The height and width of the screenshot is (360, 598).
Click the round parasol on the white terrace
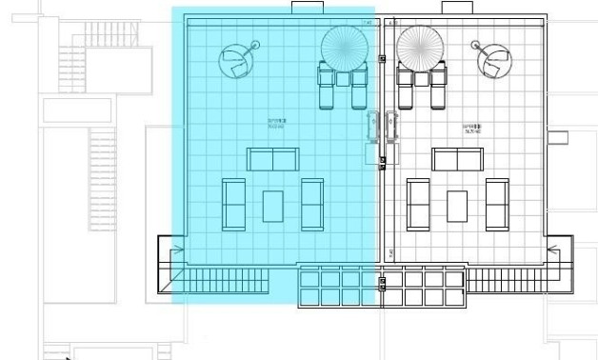[420, 45]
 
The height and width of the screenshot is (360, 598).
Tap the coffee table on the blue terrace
[273, 204]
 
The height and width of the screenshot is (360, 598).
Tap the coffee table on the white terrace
[457, 204]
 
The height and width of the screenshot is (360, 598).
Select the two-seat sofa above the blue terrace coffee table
[273, 159]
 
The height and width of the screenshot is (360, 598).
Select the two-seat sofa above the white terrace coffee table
[457, 159]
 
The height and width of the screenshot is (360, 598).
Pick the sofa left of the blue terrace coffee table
[233, 204]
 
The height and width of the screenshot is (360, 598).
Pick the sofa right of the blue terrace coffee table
[312, 204]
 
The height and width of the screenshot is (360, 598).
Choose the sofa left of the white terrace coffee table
[418, 204]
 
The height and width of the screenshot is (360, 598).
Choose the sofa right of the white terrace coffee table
[496, 204]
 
